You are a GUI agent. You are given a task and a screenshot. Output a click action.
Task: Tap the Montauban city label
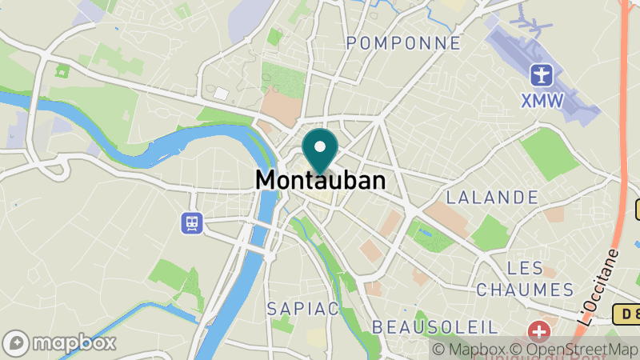pyautogui.click(x=320, y=181)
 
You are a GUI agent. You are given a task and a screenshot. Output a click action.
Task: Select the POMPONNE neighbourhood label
pyautogui.click(x=404, y=42)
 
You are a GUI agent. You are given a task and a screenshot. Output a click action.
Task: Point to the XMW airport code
pyautogui.click(x=542, y=101)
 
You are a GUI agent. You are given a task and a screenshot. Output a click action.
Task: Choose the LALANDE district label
pyautogui.click(x=492, y=197)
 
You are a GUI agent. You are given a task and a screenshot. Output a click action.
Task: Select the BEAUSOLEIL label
pyautogui.click(x=435, y=326)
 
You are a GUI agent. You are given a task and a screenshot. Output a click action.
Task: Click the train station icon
pyautogui.click(x=191, y=222)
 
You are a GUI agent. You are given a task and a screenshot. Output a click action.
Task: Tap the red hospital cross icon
pyautogui.click(x=541, y=330)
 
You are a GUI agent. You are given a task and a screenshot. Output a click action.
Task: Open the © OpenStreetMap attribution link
pyautogui.click(x=576, y=350)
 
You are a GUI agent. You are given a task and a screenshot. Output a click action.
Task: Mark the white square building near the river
pyautogui.click(x=221, y=94)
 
